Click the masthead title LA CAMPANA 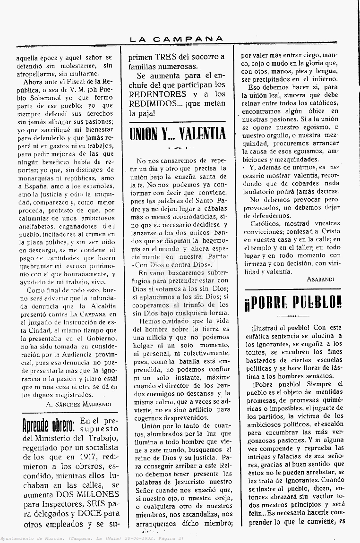pyautogui.click(x=177, y=39)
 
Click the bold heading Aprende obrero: pyautogui.click(x=48, y=425)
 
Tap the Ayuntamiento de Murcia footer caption pyautogui.click(x=92, y=539)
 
